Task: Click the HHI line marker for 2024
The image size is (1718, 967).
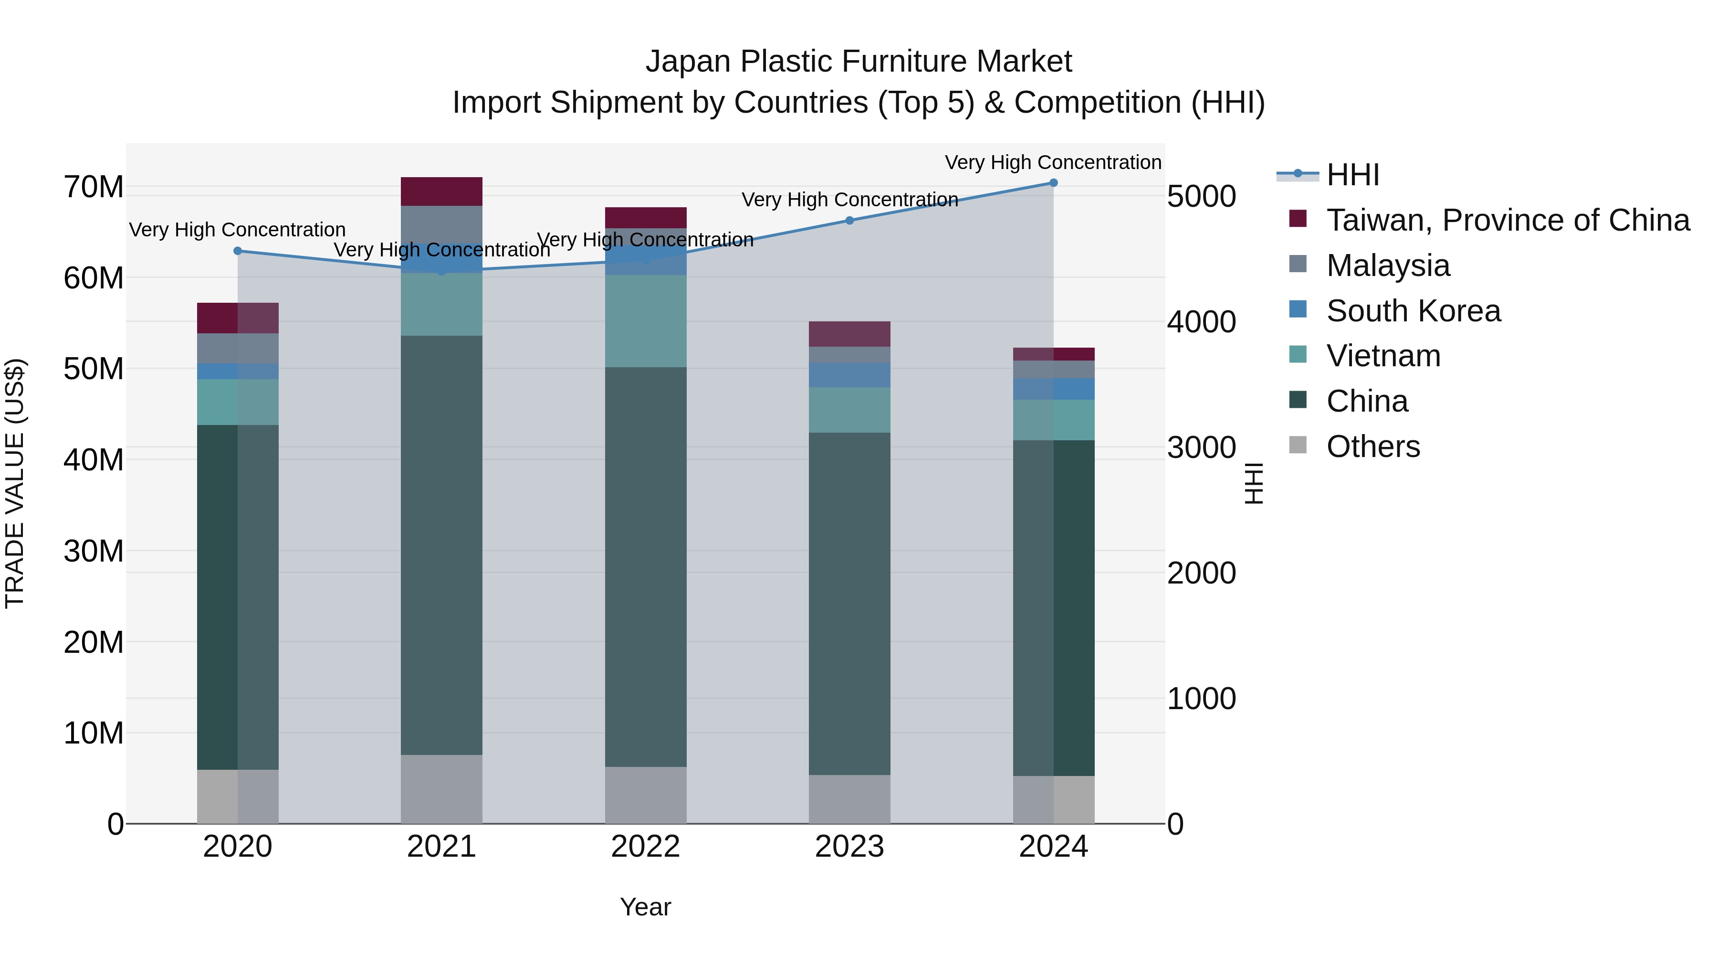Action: (x=1053, y=183)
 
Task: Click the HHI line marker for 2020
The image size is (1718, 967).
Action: (x=238, y=251)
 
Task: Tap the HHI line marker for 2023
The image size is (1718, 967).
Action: (x=849, y=220)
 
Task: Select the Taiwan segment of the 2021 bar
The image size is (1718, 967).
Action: (x=441, y=191)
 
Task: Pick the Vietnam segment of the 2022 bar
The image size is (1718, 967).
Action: (x=646, y=321)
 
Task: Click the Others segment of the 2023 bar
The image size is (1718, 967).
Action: (x=849, y=799)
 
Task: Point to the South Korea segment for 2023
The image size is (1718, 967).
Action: (x=849, y=375)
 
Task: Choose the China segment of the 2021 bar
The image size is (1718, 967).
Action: (x=441, y=545)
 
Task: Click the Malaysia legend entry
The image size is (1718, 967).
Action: (x=1387, y=266)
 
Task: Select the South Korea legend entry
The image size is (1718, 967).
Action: (x=1413, y=311)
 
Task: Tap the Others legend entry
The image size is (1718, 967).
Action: (x=1372, y=446)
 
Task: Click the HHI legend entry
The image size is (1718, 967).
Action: (x=1352, y=175)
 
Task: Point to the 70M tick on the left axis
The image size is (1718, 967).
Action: (x=94, y=188)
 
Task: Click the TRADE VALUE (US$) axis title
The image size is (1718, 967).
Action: (x=15, y=483)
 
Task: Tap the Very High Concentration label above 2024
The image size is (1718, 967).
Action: (x=1053, y=162)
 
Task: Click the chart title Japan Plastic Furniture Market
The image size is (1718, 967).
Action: (x=859, y=62)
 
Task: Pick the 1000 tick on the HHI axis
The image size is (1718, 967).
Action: (x=1201, y=699)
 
